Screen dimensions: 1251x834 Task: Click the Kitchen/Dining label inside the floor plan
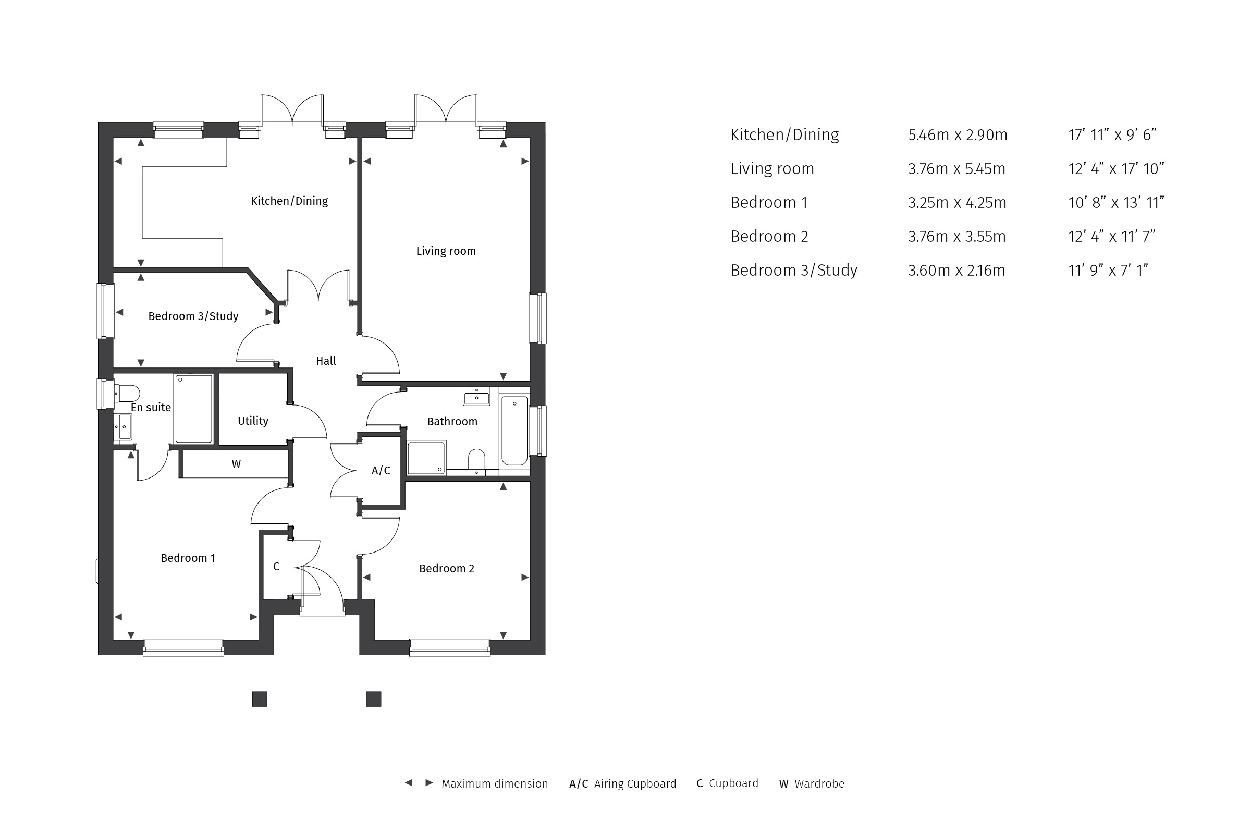point(289,201)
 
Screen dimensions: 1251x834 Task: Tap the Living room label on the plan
point(446,251)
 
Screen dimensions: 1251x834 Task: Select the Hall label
point(326,361)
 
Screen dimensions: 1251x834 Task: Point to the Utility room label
point(253,421)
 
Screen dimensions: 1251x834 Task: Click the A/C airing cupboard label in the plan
point(381,471)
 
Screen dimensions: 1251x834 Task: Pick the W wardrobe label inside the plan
point(236,464)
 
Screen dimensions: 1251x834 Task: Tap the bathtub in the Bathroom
point(514,431)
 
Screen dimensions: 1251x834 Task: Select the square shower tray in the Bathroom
point(426,458)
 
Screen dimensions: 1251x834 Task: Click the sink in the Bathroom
point(476,396)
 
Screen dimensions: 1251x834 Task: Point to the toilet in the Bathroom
point(476,462)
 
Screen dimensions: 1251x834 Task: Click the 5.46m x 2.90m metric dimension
point(958,135)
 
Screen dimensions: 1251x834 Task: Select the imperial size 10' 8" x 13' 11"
point(1116,203)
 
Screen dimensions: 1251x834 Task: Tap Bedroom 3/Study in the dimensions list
point(793,271)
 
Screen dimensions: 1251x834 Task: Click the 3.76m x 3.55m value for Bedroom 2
point(957,237)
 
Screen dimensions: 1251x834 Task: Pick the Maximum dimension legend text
point(495,784)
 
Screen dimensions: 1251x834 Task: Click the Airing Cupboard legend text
point(635,784)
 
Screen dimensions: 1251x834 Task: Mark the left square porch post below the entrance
point(260,699)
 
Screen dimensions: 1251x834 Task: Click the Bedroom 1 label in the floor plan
point(188,558)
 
